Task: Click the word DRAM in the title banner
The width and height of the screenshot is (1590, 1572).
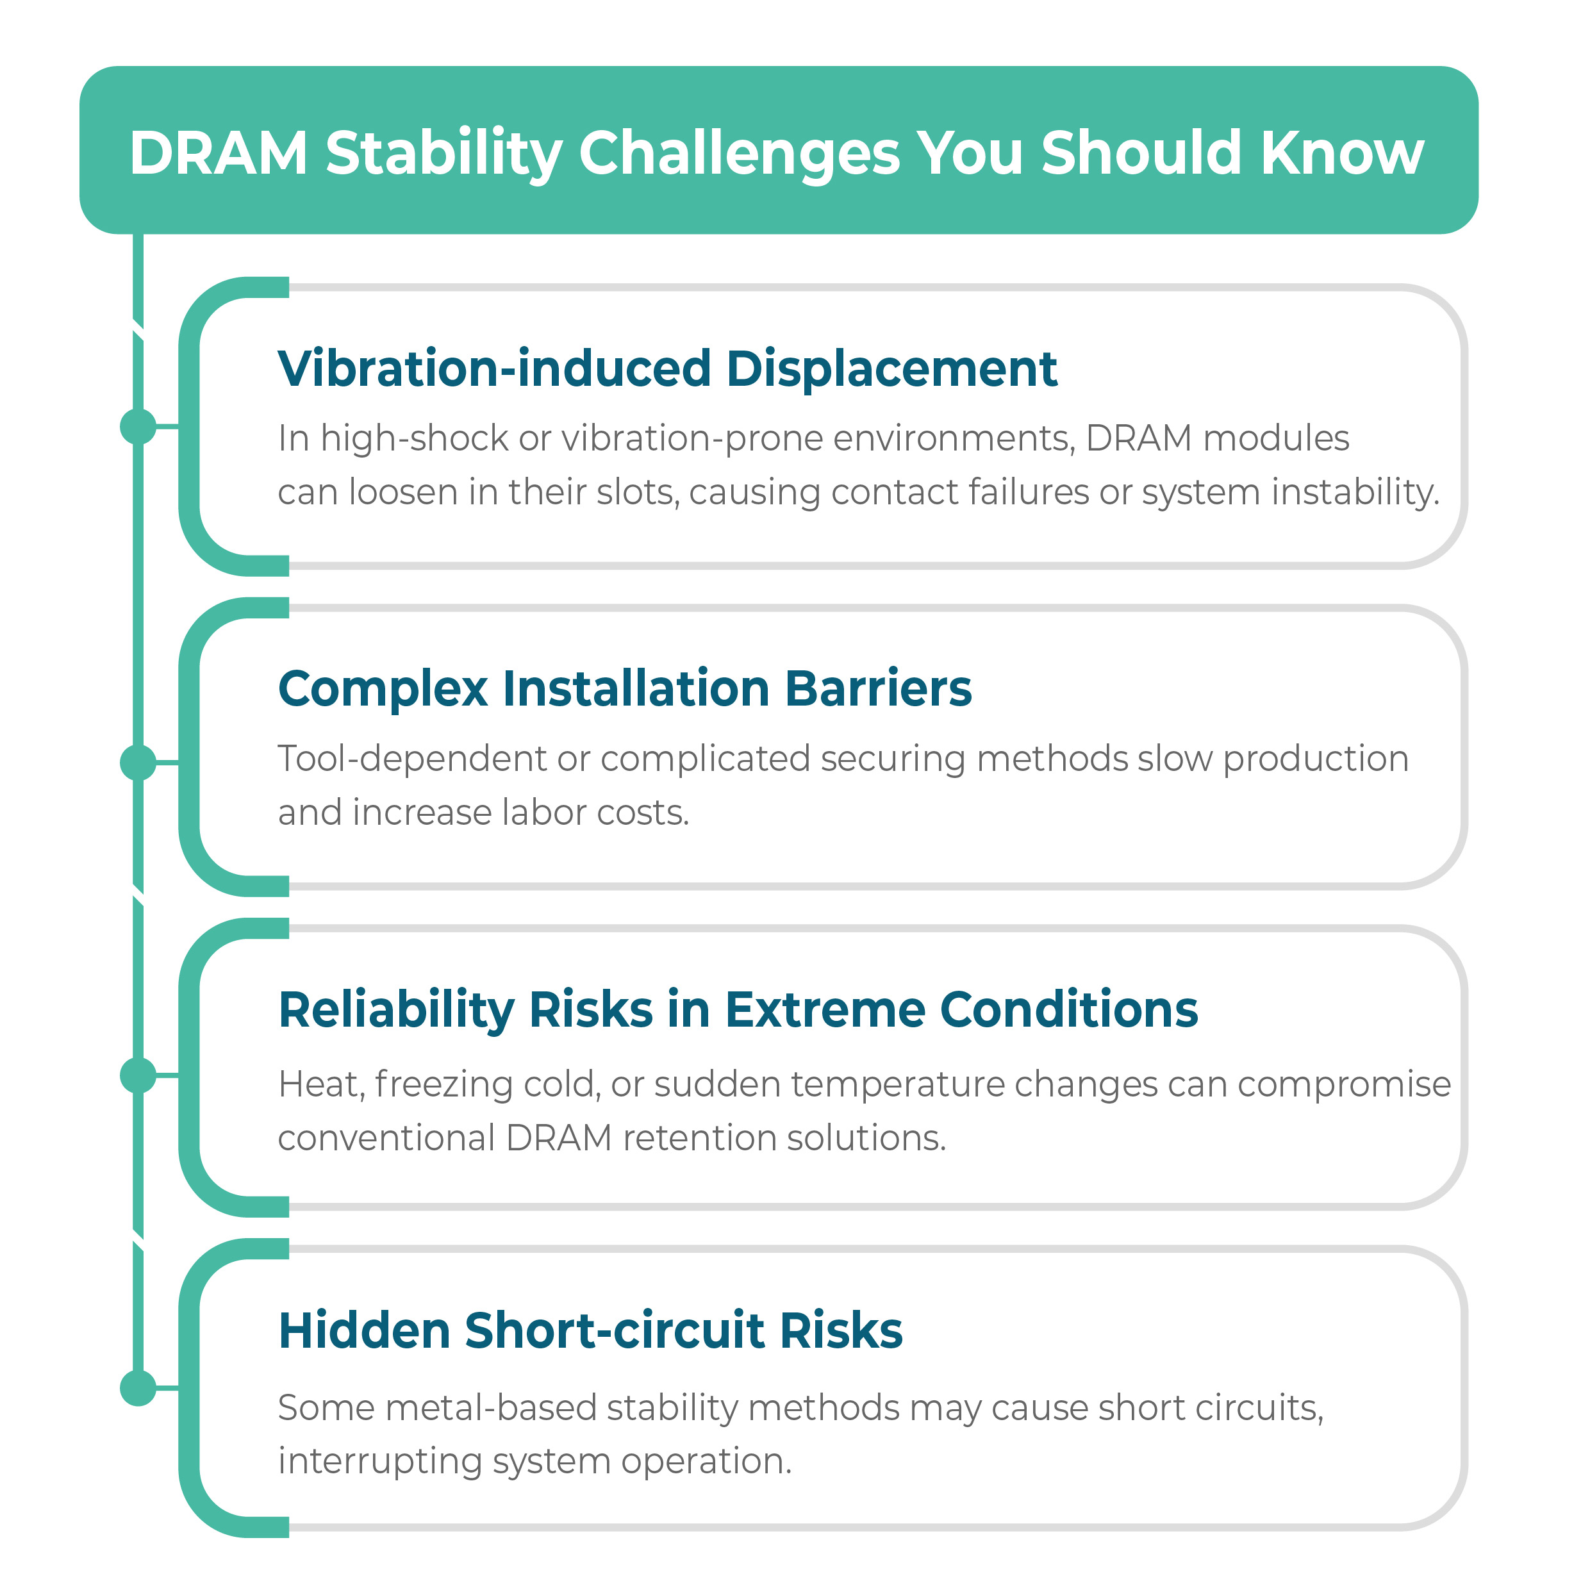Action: click(218, 153)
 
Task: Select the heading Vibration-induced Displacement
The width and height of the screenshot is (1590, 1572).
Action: click(667, 368)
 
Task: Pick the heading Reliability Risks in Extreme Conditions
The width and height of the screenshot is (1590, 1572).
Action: click(738, 1009)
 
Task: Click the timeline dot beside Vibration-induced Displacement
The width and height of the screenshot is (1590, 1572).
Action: click(138, 426)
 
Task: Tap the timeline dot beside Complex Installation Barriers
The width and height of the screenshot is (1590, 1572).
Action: click(138, 762)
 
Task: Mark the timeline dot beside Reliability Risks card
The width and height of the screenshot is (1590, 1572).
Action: click(138, 1075)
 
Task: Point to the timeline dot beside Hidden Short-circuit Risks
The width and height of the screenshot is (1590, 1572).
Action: click(138, 1387)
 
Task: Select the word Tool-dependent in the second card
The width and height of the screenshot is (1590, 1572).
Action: click(411, 759)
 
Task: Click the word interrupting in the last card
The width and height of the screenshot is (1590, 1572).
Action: click(379, 1462)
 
